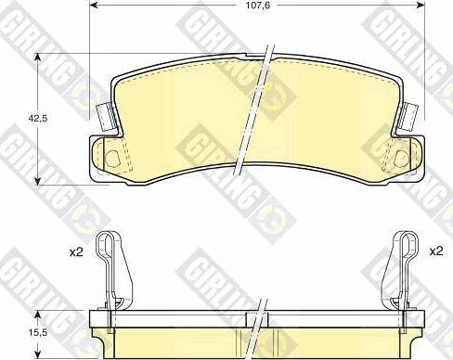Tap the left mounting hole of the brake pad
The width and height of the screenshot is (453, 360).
(x=113, y=155)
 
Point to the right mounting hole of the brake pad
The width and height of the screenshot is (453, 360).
(x=401, y=155)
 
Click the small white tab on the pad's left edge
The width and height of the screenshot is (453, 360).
(x=105, y=116)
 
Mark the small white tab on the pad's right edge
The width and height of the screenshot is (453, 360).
(x=408, y=116)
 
